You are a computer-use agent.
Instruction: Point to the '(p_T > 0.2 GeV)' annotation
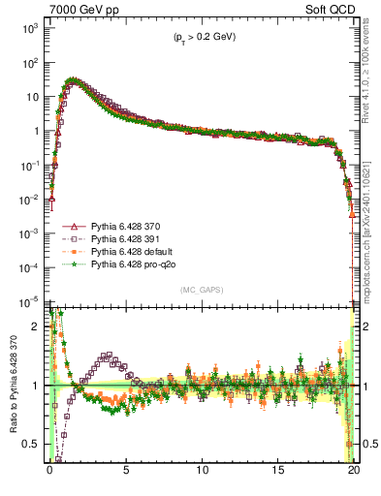coord(199,37)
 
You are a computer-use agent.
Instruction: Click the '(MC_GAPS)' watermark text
coord(200,290)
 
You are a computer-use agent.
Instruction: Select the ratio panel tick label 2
coord(39,326)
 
